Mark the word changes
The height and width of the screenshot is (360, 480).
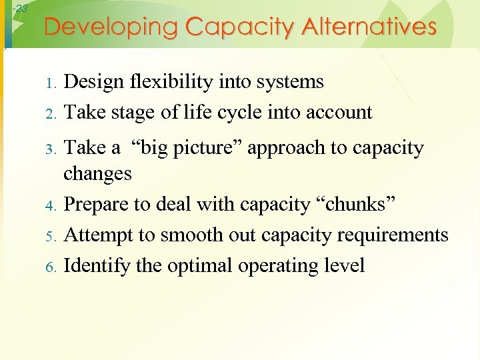[97, 173]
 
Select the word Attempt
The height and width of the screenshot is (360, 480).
[97, 235]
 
